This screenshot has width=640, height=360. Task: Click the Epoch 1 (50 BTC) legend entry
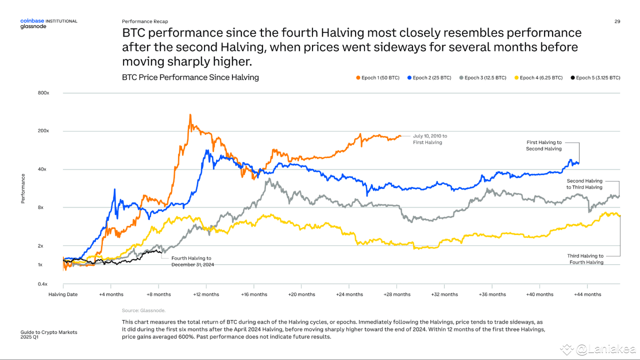point(377,78)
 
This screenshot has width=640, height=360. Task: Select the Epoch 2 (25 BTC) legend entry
point(430,78)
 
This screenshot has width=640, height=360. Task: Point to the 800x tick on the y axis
point(43,93)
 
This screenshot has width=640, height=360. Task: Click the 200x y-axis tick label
point(43,131)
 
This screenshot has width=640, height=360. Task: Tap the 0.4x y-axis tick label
point(43,284)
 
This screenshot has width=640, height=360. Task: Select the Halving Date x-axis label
point(63,294)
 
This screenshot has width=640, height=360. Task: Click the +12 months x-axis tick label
point(206,294)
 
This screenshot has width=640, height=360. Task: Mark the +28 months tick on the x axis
point(397,294)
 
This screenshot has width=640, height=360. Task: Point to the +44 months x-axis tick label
point(587,294)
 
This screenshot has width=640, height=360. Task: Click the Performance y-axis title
point(23,188)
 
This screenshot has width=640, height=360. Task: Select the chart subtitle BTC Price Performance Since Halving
point(190,77)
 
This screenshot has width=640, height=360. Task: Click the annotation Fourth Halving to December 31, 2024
point(192,261)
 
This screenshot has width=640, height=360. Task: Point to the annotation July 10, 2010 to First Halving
point(430,139)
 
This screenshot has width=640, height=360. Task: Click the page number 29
point(617,21)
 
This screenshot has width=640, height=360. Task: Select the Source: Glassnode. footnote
point(143,310)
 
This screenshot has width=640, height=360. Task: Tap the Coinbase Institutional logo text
point(48,21)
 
